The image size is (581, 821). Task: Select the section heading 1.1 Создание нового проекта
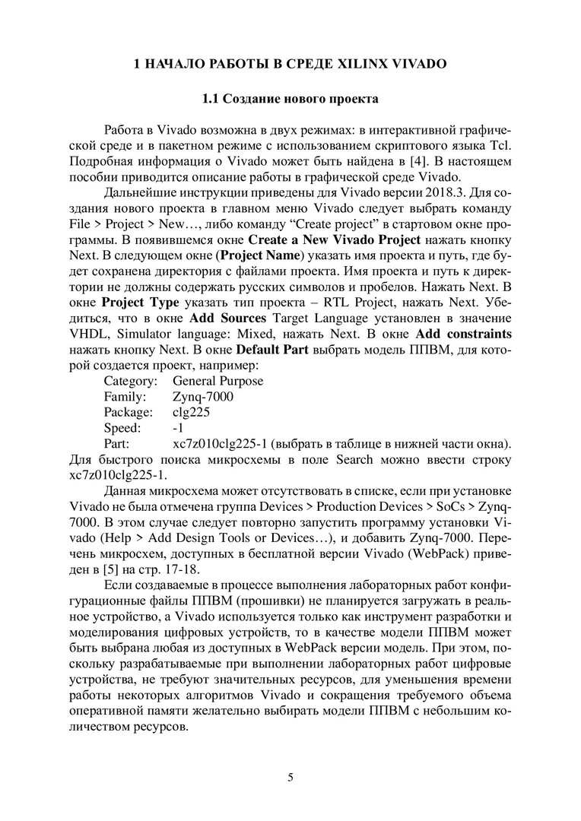(x=290, y=99)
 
